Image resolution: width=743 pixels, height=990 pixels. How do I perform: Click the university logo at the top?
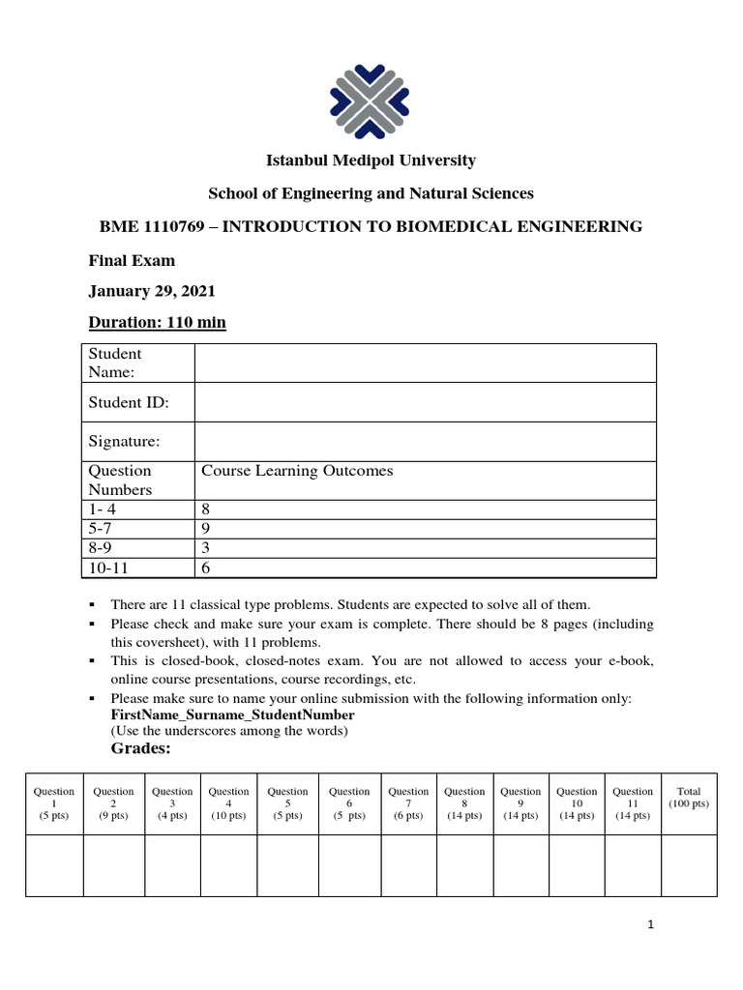point(371,101)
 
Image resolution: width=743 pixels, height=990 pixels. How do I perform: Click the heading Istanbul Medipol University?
point(371,160)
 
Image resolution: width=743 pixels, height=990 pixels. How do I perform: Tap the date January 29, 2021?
point(152,291)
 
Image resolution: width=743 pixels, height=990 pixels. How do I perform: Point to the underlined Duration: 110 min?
point(157,322)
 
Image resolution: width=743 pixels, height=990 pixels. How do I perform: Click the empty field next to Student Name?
point(425,364)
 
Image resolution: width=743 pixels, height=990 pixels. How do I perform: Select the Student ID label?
point(129,402)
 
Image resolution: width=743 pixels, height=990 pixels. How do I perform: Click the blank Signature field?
point(425,441)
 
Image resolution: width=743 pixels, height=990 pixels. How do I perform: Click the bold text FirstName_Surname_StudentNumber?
point(232,714)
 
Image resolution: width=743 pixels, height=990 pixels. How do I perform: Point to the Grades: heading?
point(141,748)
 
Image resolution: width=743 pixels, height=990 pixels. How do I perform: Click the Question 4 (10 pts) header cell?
point(229,803)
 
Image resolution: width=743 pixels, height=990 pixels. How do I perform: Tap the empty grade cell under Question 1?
point(54,865)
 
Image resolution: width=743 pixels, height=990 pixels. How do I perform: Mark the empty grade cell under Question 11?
point(633,865)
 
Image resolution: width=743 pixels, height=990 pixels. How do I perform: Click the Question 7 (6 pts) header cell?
point(408,803)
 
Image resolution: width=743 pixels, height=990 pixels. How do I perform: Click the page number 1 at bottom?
point(652,925)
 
